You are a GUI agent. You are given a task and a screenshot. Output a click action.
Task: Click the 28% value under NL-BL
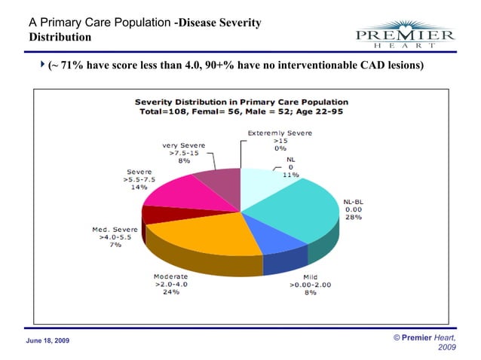(353, 217)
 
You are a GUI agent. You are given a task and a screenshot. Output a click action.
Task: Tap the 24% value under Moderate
(171, 291)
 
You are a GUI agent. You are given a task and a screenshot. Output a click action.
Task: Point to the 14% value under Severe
(139, 187)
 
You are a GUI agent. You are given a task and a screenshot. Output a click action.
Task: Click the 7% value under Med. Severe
(115, 245)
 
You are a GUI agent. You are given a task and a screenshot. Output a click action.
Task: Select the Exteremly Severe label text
(280, 133)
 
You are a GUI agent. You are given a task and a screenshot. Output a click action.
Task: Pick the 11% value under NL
(290, 174)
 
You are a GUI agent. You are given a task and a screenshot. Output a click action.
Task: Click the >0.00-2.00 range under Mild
(310, 284)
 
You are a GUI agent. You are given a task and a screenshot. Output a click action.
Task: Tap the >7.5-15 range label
(184, 152)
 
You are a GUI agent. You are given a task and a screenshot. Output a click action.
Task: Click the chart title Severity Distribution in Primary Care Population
(241, 101)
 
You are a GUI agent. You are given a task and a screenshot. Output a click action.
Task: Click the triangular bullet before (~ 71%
(41, 65)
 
